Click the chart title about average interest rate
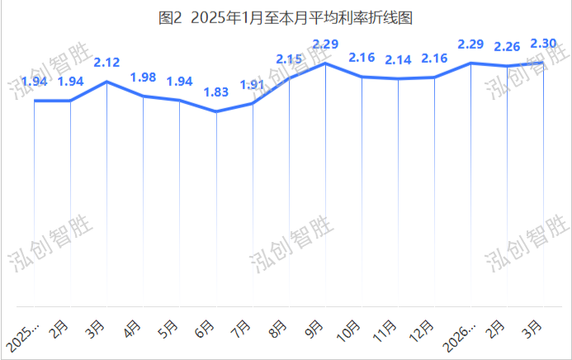tap(285, 17)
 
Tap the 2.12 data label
tap(107, 62)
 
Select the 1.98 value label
tap(144, 78)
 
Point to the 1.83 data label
tap(216, 93)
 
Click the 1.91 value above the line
tap(253, 85)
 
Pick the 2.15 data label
tap(289, 59)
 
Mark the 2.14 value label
tap(398, 60)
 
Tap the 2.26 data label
tap(507, 46)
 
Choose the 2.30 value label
tap(543, 43)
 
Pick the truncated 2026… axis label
tap(458, 336)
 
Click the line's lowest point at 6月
tap(216, 111)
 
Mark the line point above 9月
tap(325, 63)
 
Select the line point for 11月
tap(398, 79)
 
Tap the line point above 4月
tap(144, 97)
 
